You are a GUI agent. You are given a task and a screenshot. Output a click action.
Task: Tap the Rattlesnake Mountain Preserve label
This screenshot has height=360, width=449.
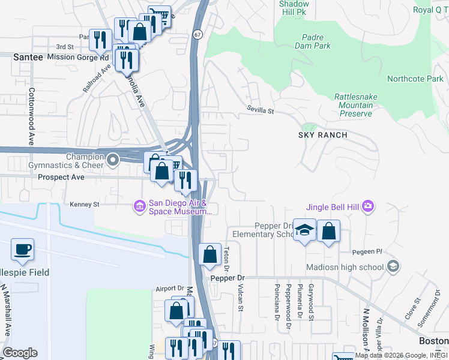tap(354, 105)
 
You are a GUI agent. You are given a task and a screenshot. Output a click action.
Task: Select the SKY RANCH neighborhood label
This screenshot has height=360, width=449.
tap(323, 135)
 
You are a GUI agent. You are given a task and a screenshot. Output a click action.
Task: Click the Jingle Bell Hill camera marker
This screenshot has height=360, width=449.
tap(368, 207)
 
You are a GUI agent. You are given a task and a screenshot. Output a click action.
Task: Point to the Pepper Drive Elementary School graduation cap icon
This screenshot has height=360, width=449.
tap(305, 230)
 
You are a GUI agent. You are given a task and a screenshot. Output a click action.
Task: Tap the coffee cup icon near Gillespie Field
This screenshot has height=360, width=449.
tap(22, 249)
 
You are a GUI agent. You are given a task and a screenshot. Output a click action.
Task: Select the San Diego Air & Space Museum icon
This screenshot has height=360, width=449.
tap(139, 206)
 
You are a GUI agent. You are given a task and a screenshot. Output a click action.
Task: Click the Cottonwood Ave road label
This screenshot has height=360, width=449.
tap(30, 117)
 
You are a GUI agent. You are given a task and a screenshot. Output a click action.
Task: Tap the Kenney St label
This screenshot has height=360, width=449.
tap(84, 205)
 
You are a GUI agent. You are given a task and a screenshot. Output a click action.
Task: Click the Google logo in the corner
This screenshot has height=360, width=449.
tap(20, 353)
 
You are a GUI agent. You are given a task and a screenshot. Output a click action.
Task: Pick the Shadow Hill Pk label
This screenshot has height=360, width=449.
tap(294, 8)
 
